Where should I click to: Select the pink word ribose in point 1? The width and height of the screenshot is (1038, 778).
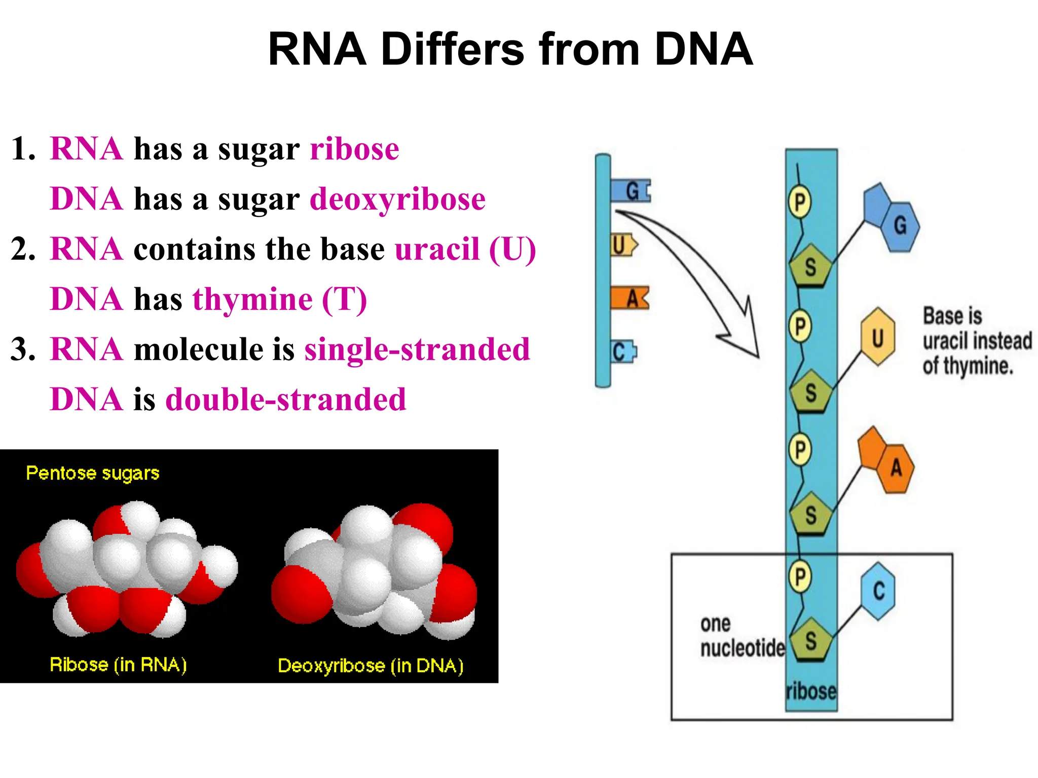click(354, 149)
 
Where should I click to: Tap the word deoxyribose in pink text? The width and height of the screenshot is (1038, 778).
click(397, 199)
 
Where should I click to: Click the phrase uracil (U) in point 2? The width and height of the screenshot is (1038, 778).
click(465, 249)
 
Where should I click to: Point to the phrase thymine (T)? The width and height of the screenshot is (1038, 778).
click(279, 299)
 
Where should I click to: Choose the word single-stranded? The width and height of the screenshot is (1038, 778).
click(417, 349)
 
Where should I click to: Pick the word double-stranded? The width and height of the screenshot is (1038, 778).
click(286, 399)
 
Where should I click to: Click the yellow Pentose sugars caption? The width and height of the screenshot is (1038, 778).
click(93, 473)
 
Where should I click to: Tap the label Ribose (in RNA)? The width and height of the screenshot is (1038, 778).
click(118, 664)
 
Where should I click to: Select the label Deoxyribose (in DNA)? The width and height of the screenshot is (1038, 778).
click(370, 665)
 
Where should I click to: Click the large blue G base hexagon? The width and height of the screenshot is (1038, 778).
click(900, 225)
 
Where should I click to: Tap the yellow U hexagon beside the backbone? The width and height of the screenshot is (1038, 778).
click(877, 337)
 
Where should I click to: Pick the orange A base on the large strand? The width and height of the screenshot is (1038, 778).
click(896, 467)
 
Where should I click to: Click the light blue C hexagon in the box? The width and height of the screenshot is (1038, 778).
click(878, 591)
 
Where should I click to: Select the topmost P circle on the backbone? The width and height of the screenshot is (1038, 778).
click(799, 202)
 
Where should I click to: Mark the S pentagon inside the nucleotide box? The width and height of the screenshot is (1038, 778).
click(810, 640)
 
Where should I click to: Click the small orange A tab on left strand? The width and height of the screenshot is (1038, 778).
click(629, 298)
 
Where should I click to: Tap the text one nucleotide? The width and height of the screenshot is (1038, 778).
click(742, 636)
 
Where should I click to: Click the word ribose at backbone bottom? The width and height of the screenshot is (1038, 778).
click(810, 691)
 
